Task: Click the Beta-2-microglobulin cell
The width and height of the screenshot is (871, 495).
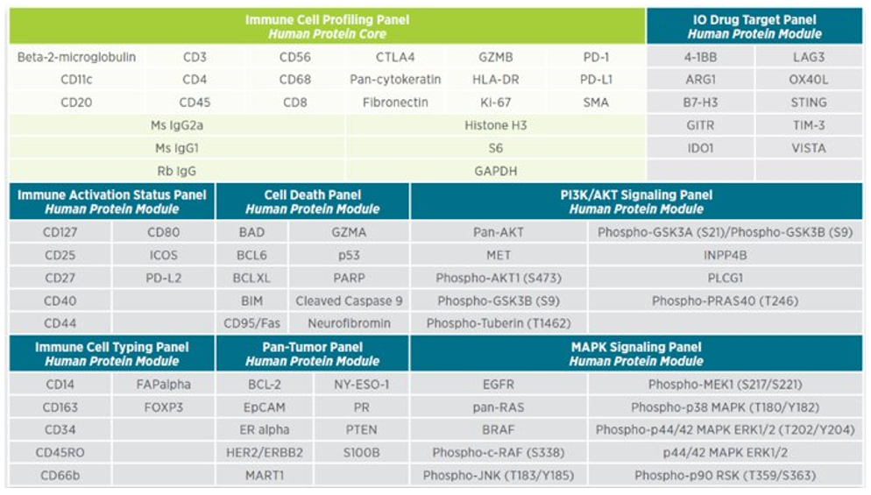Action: click(77, 58)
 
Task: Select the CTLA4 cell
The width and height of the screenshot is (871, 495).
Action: click(395, 58)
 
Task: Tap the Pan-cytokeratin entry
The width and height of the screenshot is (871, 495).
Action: click(395, 80)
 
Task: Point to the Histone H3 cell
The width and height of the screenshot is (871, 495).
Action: click(496, 125)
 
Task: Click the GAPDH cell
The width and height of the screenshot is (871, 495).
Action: click(496, 170)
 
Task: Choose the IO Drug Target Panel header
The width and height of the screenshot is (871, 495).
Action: click(754, 26)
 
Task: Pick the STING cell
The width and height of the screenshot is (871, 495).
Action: click(808, 103)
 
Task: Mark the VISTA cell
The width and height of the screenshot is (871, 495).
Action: click(808, 148)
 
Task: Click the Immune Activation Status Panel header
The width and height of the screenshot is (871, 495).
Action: click(111, 202)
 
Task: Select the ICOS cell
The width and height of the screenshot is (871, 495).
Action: click(163, 256)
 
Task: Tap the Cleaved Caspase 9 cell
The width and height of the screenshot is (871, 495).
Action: click(349, 301)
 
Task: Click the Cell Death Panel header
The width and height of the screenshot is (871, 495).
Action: click(312, 202)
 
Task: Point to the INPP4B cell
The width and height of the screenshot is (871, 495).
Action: click(725, 256)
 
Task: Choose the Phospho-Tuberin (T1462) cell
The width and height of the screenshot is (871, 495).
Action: click(499, 323)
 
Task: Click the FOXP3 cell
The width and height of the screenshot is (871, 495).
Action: click(163, 407)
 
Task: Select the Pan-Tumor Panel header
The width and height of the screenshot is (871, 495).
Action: click(312, 354)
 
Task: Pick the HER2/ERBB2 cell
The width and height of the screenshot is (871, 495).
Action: click(260, 453)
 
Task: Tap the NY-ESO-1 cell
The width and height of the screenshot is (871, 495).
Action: click(362, 385)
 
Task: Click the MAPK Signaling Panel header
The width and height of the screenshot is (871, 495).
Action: click(636, 354)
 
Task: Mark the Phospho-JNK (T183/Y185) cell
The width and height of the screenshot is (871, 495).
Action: click(499, 476)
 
